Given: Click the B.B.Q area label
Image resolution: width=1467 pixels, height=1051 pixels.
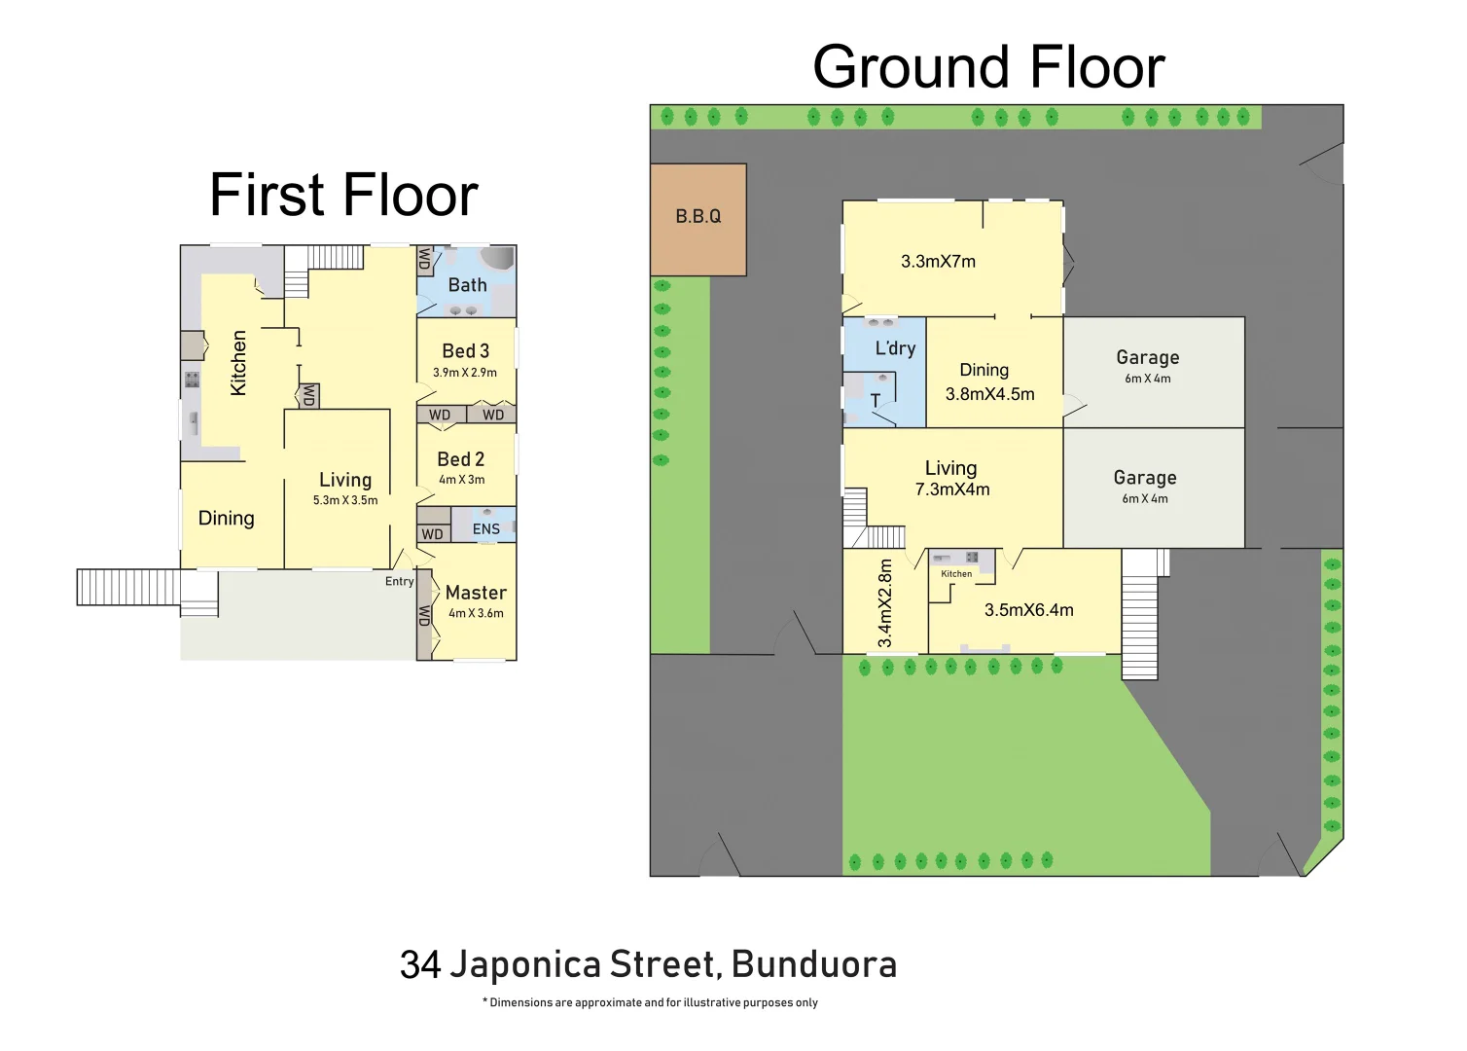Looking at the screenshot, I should [x=698, y=216].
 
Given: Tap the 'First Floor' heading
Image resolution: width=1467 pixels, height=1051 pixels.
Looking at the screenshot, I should [x=343, y=195].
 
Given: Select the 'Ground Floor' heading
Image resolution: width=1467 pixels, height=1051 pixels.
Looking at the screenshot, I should [x=988, y=67].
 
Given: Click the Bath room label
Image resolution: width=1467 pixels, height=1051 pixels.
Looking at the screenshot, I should [x=467, y=285].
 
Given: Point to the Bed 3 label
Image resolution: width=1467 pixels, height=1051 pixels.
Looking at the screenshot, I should [x=465, y=350].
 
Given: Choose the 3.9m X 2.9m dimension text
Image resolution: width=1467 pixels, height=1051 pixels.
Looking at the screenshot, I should [x=465, y=373].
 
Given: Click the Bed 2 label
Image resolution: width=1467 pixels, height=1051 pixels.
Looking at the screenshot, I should [x=460, y=458].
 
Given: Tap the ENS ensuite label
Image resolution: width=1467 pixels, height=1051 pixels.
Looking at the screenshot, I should [x=485, y=529].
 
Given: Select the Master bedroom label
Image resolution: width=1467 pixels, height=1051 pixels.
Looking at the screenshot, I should [x=476, y=592].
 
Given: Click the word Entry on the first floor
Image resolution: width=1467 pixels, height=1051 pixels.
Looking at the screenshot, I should [x=399, y=581].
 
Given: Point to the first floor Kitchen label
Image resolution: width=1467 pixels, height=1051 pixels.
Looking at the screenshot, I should [x=238, y=363].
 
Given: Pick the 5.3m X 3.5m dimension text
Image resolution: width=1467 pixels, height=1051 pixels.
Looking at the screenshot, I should [x=345, y=500].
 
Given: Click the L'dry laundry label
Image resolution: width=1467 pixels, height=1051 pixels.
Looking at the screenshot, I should [x=895, y=348].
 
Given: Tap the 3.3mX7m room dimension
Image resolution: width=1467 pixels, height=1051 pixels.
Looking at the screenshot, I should [x=938, y=261].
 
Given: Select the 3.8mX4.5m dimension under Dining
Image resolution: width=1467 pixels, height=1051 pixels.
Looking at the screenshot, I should [x=989, y=394].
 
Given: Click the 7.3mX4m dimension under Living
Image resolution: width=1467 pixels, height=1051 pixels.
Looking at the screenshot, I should [x=951, y=489].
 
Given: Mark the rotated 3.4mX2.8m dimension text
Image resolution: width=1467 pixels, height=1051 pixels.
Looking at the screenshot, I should [x=884, y=603].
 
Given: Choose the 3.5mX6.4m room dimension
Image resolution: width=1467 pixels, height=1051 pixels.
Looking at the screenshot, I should [x=1028, y=610].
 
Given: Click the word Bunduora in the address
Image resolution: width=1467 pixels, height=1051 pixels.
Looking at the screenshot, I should [x=813, y=964].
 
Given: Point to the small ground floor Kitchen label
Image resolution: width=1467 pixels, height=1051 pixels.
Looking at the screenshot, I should [x=956, y=574].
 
